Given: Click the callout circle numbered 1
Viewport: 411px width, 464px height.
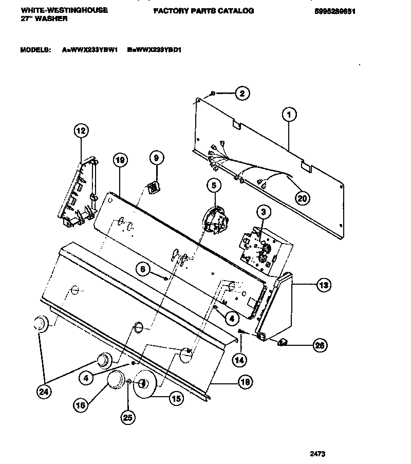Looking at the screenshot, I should click(289, 116).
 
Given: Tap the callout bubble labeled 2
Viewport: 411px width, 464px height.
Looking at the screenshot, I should click(242, 94).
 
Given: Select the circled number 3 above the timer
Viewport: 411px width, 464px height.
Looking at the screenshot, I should click(263, 211).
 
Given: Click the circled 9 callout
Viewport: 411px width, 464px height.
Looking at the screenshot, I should click(157, 159).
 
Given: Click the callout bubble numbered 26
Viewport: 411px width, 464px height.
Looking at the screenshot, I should click(320, 345).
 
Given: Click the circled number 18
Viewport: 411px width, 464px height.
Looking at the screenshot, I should click(246, 381).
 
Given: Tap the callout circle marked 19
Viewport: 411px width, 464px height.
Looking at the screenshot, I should click(119, 161).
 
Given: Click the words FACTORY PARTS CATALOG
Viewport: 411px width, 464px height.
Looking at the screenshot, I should click(203, 11).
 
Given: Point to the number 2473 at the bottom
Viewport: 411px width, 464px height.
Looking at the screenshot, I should click(318, 454).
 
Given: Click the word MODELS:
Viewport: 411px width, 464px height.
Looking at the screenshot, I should click(35, 50).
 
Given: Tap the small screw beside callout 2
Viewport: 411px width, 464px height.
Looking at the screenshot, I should click(213, 93).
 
